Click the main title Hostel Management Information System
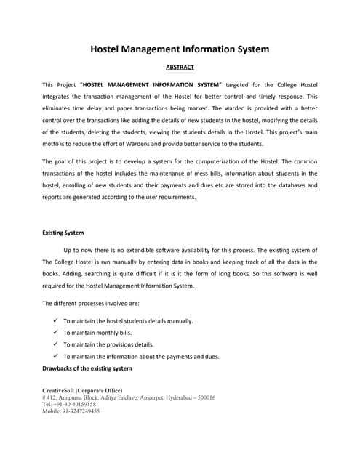coord(179,49)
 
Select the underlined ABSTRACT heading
coord(179,70)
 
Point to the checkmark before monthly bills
coord(56,332)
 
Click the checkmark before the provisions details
coord(56,344)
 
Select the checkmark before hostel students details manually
coord(56,320)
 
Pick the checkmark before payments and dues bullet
coord(56,356)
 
